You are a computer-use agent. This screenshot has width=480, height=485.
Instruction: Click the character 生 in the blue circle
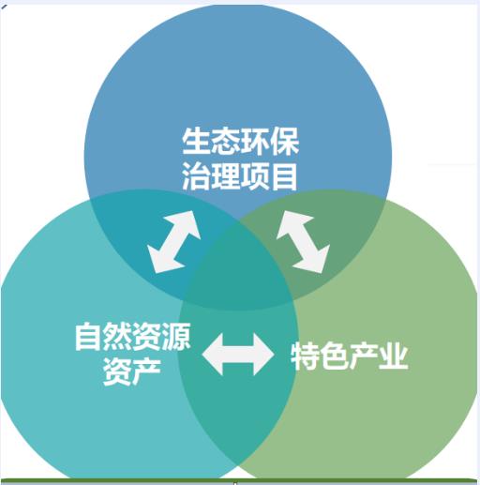click(x=196, y=142)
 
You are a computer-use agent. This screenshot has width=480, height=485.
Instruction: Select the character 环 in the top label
click(x=255, y=142)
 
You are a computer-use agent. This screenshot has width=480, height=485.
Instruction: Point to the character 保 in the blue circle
click(x=284, y=142)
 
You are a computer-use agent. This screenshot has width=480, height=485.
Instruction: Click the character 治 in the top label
click(x=196, y=176)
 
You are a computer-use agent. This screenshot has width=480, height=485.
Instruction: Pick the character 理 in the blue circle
click(x=225, y=176)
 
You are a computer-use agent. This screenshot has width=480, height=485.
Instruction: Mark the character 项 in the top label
click(x=254, y=176)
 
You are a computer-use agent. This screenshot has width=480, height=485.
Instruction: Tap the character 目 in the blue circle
click(x=284, y=176)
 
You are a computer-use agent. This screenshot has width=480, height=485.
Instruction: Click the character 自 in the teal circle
click(x=88, y=337)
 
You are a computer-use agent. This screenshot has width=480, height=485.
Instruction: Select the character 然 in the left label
click(x=118, y=337)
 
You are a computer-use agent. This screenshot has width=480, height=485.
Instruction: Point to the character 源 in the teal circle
click(x=176, y=337)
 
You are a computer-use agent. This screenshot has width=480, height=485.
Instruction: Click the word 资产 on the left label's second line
click(x=132, y=371)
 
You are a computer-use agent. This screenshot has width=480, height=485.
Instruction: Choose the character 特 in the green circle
click(x=305, y=356)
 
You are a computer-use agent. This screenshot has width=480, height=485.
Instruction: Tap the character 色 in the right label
click(x=335, y=356)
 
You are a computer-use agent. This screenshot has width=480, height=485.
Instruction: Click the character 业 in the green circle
click(x=394, y=356)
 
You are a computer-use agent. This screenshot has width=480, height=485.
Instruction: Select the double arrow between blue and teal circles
click(x=173, y=242)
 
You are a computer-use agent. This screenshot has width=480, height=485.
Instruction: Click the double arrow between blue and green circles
click(x=303, y=242)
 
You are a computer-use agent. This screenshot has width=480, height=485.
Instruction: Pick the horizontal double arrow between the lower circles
click(x=238, y=355)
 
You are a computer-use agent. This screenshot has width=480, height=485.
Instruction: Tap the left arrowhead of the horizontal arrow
click(x=214, y=355)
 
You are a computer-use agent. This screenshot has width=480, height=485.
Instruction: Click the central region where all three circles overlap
click(x=236, y=272)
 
